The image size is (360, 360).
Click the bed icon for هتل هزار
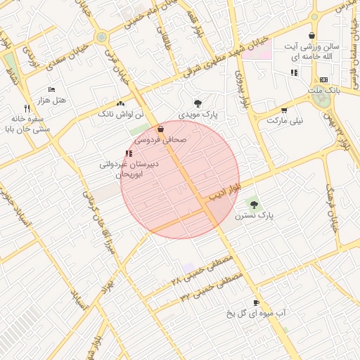(51, 90)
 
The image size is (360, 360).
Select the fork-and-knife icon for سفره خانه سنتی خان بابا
(27, 108)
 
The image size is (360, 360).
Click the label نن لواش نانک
(114, 112)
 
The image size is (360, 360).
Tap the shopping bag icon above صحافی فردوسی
(161, 129)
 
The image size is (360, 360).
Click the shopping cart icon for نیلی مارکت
(284, 110)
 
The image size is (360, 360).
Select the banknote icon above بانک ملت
(323, 80)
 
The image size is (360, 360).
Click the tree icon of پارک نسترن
(254, 204)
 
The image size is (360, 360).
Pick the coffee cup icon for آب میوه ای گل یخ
(256, 302)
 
